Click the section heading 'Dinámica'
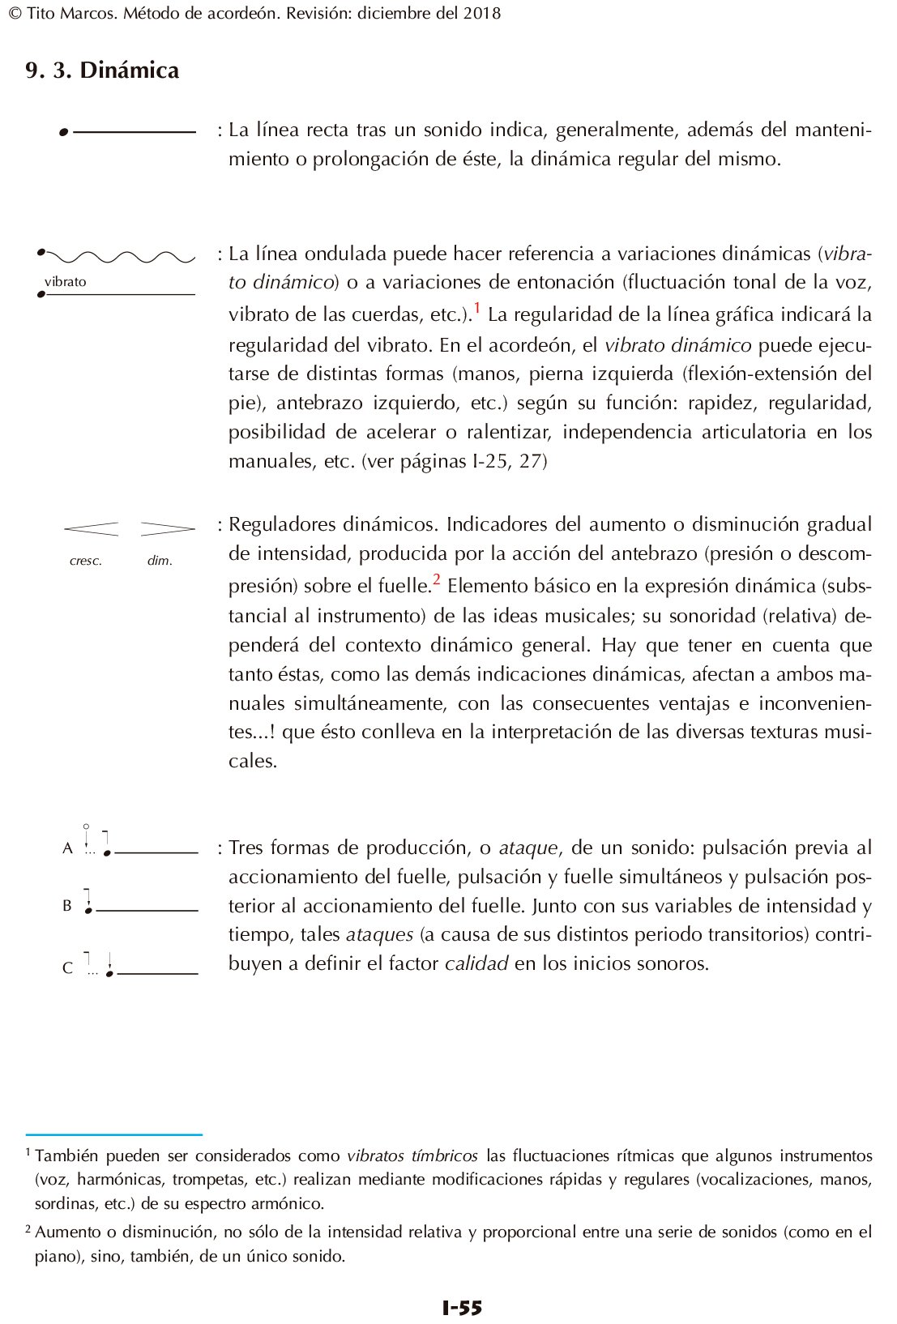tap(129, 70)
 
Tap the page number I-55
tap(462, 1307)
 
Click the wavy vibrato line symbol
tap(117, 257)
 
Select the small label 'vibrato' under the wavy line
tap(65, 282)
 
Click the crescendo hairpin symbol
tap(91, 529)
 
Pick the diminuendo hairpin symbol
tap(168, 529)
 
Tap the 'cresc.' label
tap(86, 561)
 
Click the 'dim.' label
tap(160, 561)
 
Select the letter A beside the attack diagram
tap(67, 848)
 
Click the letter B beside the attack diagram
tap(67, 906)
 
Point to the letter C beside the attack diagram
tap(67, 968)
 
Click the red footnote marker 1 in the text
tap(477, 308)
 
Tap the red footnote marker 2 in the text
tap(436, 579)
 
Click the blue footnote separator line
tap(113, 1134)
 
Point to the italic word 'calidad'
tap(476, 963)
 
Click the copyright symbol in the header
tap(14, 14)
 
